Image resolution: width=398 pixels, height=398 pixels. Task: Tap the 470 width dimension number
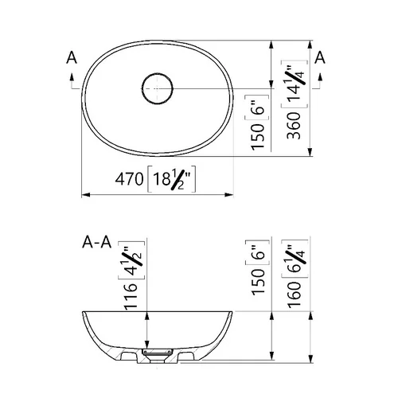[129, 179]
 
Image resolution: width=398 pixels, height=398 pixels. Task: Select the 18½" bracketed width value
[172, 179]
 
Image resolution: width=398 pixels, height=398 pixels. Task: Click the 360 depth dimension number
[294, 126]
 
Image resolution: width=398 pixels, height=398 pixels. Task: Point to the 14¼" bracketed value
[295, 84]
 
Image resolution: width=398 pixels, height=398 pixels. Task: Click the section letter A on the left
[72, 58]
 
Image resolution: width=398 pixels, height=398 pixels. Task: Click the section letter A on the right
[320, 57]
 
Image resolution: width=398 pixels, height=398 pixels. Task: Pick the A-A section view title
[97, 242]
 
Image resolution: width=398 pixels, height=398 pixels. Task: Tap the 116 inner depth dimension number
[131, 296]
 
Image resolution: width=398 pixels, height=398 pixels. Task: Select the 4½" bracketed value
[131, 260]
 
